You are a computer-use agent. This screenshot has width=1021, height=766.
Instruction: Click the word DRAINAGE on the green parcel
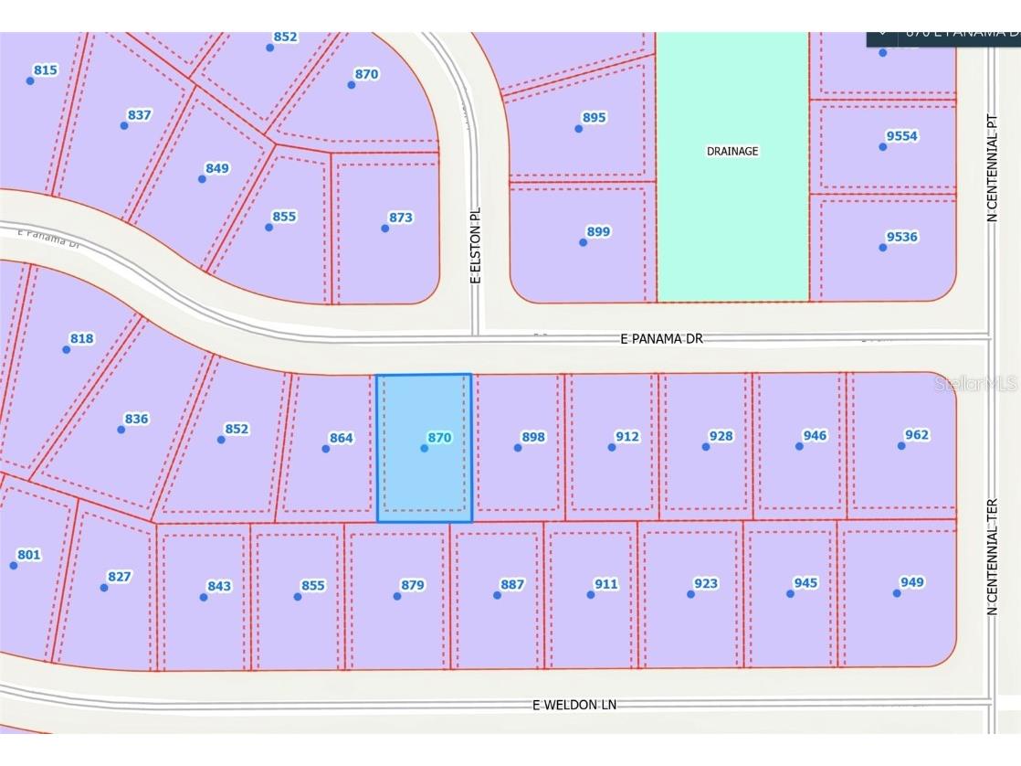tap(732, 152)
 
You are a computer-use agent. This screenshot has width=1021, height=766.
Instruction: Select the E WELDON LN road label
tap(574, 705)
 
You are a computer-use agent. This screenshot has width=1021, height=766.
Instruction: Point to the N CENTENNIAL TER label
tap(992, 557)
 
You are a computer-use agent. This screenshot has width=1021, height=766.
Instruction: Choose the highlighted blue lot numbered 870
tap(425, 447)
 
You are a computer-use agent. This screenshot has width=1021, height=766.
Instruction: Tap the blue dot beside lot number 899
tap(583, 242)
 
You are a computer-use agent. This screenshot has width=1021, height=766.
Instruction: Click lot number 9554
tap(901, 136)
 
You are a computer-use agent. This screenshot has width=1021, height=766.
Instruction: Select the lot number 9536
tap(901, 237)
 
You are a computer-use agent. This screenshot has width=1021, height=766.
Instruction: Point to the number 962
tap(916, 435)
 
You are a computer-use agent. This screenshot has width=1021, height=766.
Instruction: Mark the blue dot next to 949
tap(897, 593)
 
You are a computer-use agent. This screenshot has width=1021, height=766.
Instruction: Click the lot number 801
tap(29, 555)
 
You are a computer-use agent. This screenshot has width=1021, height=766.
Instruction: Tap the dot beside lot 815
tap(30, 80)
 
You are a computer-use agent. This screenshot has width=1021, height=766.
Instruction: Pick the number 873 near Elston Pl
tap(400, 218)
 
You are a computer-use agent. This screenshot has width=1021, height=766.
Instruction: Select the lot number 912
tap(627, 437)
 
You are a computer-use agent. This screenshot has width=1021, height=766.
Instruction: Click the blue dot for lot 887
tap(497, 595)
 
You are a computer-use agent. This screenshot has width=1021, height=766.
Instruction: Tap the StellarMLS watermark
tap(975, 384)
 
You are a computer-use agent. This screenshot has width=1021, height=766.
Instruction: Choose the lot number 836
tap(136, 420)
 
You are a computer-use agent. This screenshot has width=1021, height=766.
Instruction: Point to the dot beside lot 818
tap(66, 349)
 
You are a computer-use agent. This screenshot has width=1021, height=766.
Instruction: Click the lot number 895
tap(594, 118)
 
